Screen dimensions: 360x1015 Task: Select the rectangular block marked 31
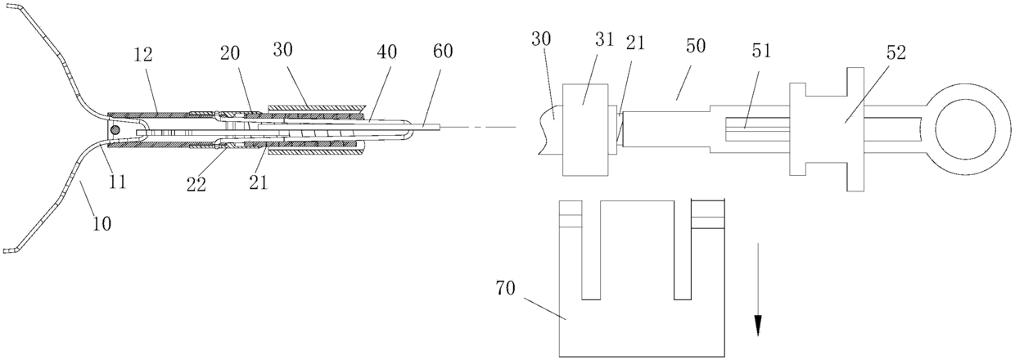tap(585, 129)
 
